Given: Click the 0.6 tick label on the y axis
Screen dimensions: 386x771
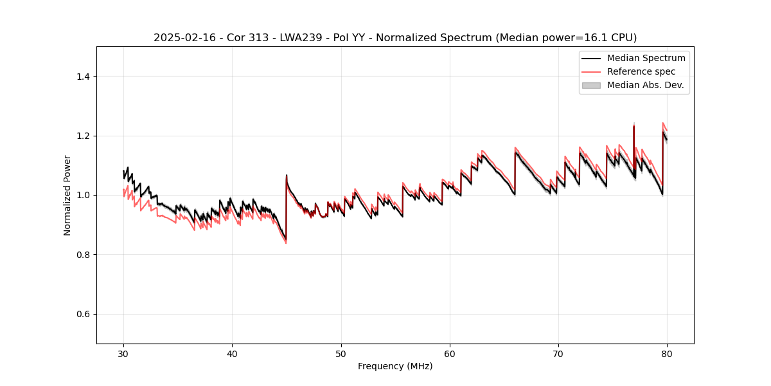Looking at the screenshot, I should (83, 314).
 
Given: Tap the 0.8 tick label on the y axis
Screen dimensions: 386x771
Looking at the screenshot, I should (83, 255).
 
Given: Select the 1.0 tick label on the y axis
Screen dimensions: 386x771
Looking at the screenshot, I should (83, 195).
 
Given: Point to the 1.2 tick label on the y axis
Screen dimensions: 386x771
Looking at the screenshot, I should (83, 136).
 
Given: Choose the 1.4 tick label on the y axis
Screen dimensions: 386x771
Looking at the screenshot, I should (83, 77).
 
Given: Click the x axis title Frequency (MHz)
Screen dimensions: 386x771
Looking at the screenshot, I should (395, 366).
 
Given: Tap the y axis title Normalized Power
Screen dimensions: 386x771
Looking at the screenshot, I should (67, 195).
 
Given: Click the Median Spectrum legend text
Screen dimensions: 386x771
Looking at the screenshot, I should (646, 58).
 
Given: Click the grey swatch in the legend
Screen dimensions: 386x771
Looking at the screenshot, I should (591, 85).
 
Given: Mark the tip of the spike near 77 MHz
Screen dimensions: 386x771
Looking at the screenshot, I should (634, 125).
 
